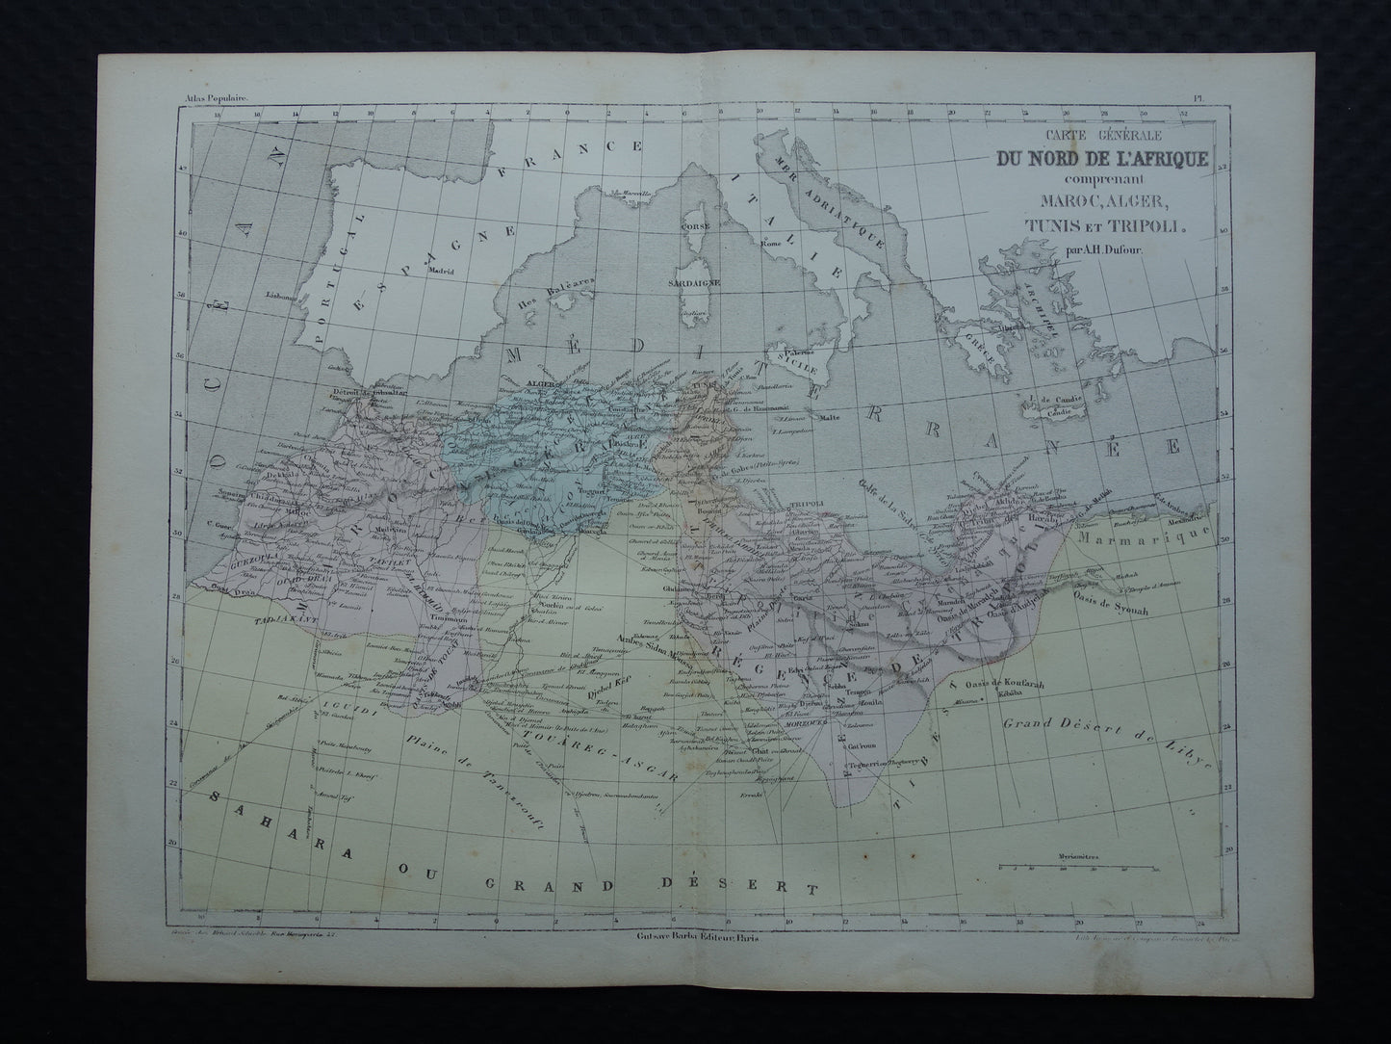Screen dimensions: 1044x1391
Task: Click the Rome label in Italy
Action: pos(768,243)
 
